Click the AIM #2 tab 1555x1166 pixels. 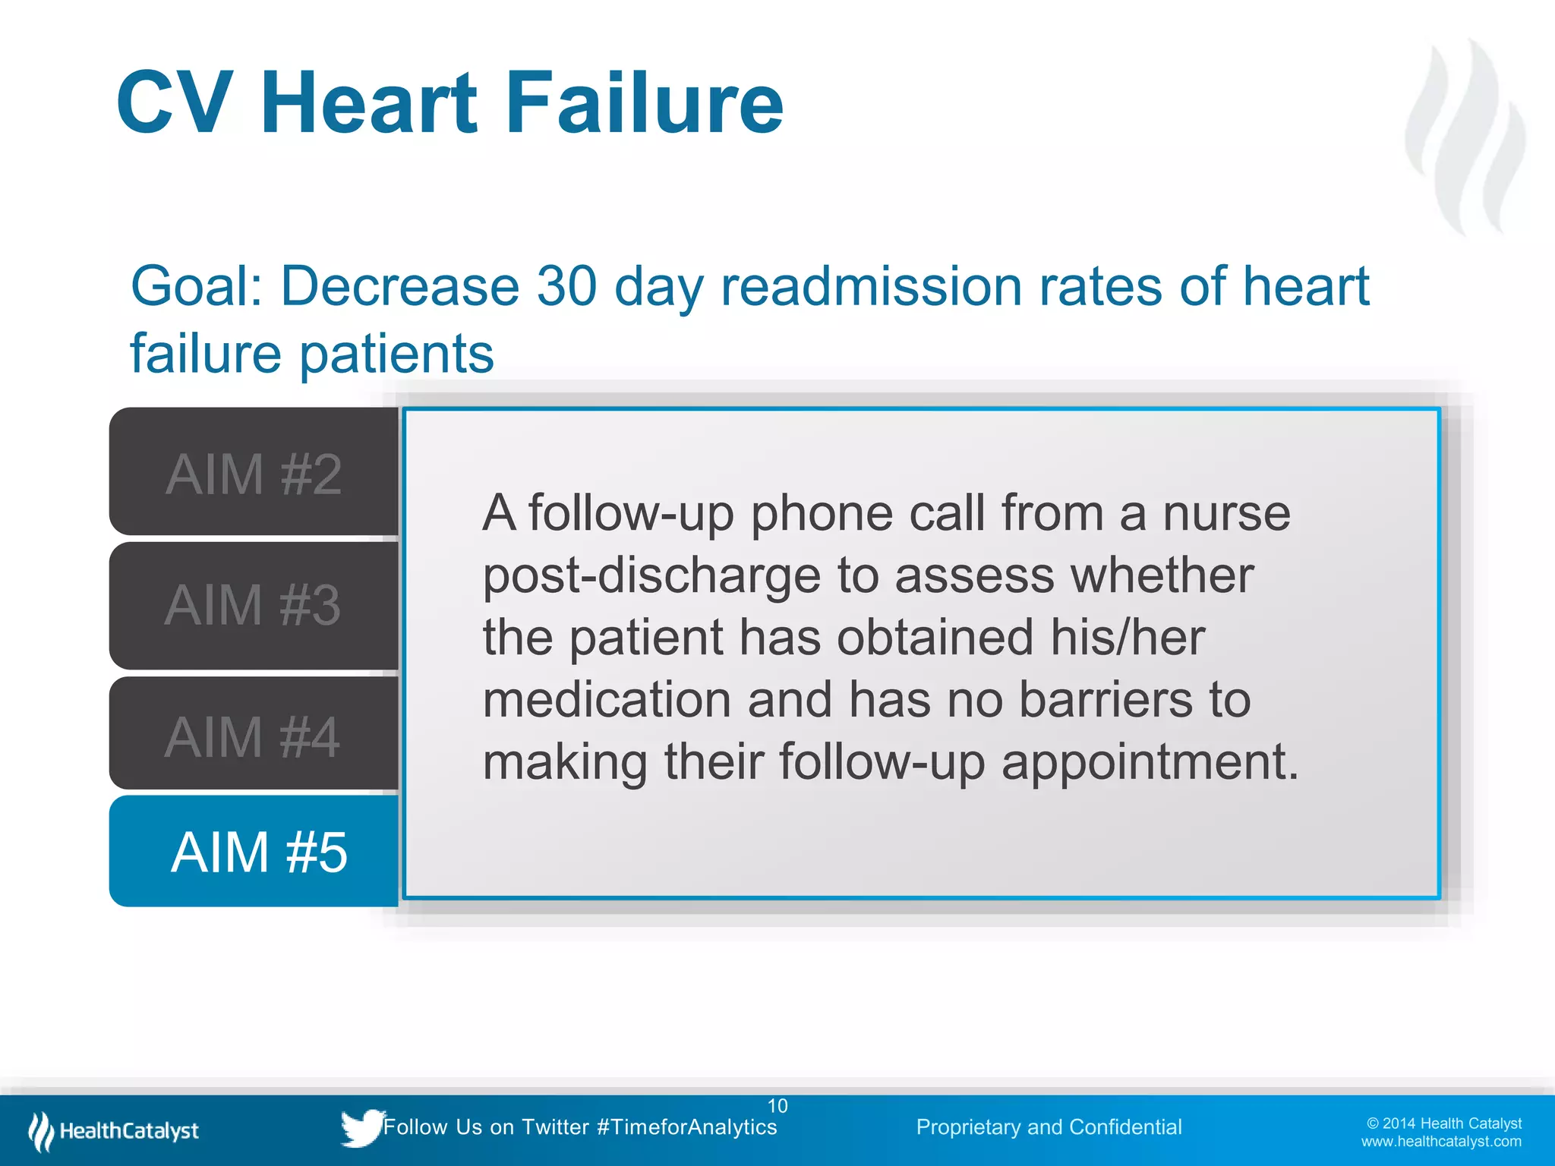[x=254, y=472]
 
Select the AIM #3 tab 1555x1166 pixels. [x=254, y=605]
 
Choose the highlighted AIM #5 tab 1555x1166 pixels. [x=258, y=851]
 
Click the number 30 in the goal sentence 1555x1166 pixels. [x=566, y=286]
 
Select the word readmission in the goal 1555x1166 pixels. [x=871, y=286]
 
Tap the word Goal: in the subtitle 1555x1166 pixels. [x=197, y=286]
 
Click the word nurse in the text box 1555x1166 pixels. [x=1226, y=513]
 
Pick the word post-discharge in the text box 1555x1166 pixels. [x=651, y=575]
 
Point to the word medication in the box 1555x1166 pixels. [x=607, y=699]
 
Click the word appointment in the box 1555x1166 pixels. [x=1150, y=761]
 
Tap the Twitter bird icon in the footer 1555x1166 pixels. [x=361, y=1127]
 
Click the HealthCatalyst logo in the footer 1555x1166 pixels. [x=114, y=1131]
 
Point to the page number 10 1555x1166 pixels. [x=777, y=1105]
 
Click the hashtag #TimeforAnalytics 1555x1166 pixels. [x=686, y=1127]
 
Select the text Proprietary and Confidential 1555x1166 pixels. [x=1049, y=1127]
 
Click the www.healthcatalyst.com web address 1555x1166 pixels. [x=1440, y=1142]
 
